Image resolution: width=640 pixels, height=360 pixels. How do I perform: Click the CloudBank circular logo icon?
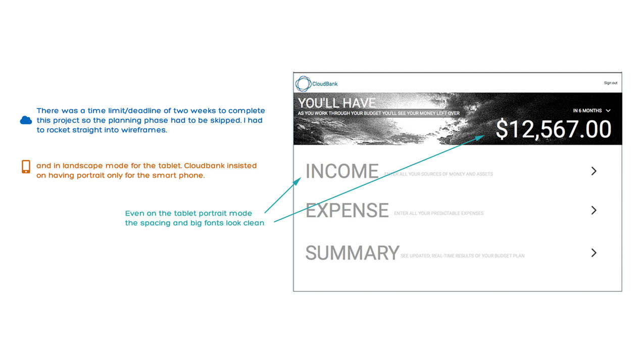click(303, 84)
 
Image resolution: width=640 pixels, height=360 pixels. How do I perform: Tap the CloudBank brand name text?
click(325, 84)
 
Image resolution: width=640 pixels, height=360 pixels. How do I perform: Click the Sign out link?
click(611, 83)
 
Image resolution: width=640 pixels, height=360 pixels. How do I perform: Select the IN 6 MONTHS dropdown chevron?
click(608, 111)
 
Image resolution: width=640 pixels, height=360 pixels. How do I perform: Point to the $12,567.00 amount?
click(554, 129)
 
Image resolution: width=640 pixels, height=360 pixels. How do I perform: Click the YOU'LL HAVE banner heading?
click(336, 103)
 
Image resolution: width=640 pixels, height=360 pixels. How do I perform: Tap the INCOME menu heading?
click(342, 171)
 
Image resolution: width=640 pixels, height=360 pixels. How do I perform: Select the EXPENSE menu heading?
click(347, 211)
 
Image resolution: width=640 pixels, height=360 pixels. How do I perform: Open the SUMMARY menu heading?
click(352, 252)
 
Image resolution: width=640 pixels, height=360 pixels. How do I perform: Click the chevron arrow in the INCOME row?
click(594, 171)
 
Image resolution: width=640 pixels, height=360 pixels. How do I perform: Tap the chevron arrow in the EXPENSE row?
click(594, 211)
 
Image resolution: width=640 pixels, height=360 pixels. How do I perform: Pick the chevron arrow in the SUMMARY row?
click(594, 252)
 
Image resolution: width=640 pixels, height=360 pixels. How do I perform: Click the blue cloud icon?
click(26, 120)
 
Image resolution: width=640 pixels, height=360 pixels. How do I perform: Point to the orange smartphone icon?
click(26, 167)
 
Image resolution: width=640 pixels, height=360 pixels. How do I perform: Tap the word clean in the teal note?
click(254, 223)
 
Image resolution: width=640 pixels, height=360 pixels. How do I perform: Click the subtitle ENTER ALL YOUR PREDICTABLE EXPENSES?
click(438, 213)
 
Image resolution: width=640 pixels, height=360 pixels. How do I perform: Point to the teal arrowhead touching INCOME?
click(298, 181)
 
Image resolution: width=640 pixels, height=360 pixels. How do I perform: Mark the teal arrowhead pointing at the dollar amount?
click(480, 138)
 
